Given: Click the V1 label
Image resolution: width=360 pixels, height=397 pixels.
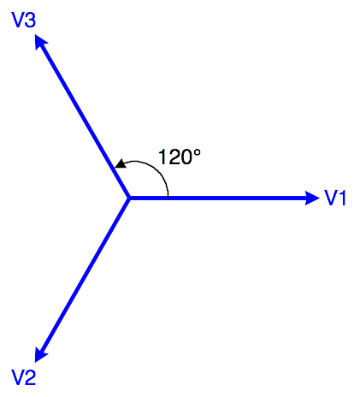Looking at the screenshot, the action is pos(335,198).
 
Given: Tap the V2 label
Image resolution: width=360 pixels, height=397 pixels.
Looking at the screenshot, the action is pos(24,377).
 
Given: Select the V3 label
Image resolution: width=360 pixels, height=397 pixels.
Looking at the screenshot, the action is pos(24,20).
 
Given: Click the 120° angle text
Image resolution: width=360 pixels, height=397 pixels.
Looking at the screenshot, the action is pos(180,157).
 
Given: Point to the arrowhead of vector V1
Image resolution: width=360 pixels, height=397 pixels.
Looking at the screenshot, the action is pos(312,198).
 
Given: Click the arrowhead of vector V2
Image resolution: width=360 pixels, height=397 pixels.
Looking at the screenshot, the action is pos(40,354).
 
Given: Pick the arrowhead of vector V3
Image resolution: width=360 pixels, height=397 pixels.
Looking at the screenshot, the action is pos(40,42).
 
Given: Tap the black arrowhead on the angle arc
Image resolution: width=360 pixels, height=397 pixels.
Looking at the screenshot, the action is pos(121,163).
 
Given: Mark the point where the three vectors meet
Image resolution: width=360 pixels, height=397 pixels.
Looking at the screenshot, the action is pos(129,198).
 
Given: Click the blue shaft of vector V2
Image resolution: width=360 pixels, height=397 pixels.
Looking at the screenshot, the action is pos(86,275).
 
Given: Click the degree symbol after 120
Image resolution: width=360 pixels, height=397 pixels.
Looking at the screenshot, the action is pos(197,153).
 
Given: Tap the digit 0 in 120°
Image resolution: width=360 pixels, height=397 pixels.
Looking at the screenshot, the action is pos(186,157).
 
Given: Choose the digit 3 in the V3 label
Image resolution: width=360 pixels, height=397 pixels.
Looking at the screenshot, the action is pos(30,20).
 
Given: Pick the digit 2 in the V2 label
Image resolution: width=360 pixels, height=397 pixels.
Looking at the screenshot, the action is pos(30,377).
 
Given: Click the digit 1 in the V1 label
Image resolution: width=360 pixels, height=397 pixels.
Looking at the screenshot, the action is pos(342,198).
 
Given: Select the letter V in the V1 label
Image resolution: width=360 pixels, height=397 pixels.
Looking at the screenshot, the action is pos(331,198).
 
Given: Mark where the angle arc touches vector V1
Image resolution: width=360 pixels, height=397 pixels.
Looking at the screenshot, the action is pos(168,197).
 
